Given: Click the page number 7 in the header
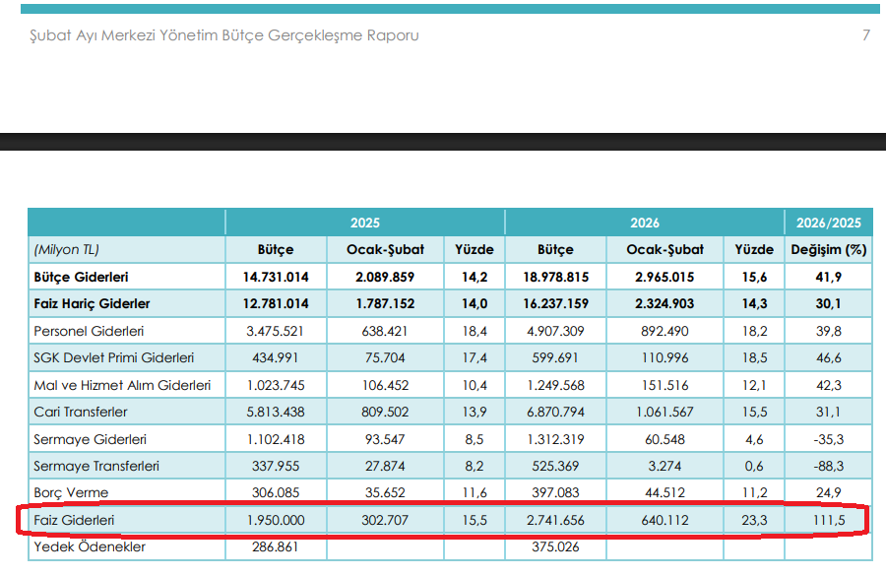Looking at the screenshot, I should [866, 35].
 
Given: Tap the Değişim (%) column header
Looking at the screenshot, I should [828, 250].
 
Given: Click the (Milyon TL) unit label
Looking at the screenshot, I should [66, 250].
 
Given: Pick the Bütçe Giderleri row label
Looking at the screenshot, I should [81, 278].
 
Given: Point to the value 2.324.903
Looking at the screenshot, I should [664, 304].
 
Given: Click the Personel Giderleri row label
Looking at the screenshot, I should [89, 332].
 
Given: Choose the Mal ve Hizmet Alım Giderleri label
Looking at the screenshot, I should [122, 385].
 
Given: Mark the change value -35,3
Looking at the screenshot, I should [828, 439].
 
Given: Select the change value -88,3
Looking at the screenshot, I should [828, 466].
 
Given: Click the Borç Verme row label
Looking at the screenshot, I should [71, 492].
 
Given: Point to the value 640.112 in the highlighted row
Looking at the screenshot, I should [664, 519].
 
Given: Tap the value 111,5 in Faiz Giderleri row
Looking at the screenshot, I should [828, 519].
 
